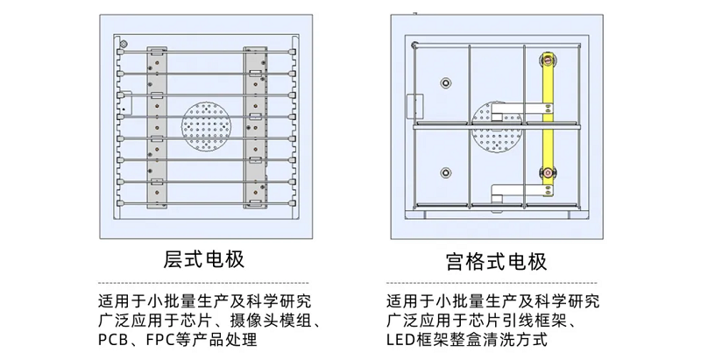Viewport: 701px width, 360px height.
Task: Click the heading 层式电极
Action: pos(203,260)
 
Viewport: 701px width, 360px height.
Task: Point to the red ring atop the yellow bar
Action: pos(547,61)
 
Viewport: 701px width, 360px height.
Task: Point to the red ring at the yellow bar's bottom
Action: pos(547,173)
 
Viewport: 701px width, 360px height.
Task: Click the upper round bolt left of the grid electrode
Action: pos(445,82)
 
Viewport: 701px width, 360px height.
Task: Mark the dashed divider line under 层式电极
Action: pos(203,283)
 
